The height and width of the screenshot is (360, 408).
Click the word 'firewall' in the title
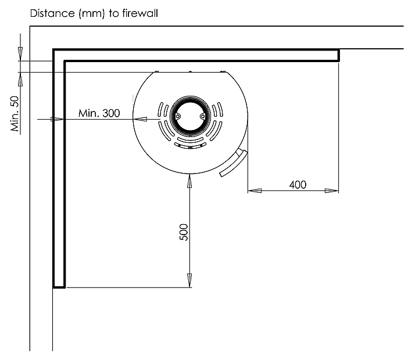pos(138,12)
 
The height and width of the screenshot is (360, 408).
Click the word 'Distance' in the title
pos(49,12)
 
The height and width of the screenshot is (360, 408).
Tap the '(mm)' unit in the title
pos(86,12)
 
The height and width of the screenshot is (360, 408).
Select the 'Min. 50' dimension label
pos(16,114)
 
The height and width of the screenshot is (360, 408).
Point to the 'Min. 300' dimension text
pos(99,113)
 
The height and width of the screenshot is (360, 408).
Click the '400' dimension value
pos(297,185)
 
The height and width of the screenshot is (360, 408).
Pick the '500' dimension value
pos(184,232)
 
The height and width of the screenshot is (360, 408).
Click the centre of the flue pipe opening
pos(189,115)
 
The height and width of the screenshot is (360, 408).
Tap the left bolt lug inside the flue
pos(176,115)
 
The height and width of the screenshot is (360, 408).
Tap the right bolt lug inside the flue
pos(202,115)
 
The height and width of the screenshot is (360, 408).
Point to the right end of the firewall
pos(338,55)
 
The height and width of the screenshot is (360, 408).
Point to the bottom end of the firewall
pos(59,287)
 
